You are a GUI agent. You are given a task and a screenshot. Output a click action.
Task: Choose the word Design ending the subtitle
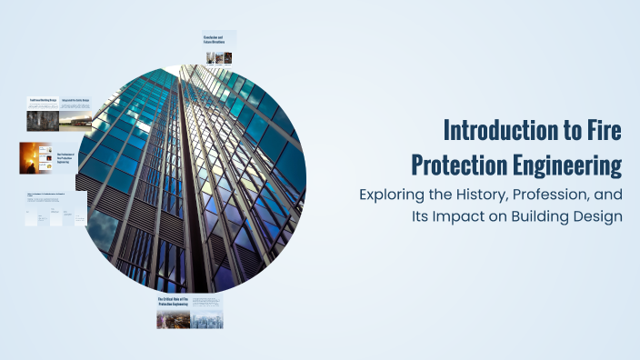[x=596, y=217]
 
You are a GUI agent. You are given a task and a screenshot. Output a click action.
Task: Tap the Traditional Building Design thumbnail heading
[x=41, y=102]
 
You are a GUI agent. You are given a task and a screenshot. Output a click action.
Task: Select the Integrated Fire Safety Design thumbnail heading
[x=75, y=102]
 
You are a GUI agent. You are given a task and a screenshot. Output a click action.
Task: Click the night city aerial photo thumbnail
[x=173, y=319]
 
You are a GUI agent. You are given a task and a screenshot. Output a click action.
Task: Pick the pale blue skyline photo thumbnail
[x=206, y=319]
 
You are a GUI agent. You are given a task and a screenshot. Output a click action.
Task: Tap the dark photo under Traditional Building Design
[x=41, y=120]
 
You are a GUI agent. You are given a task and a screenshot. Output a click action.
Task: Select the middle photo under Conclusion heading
[x=218, y=57]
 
